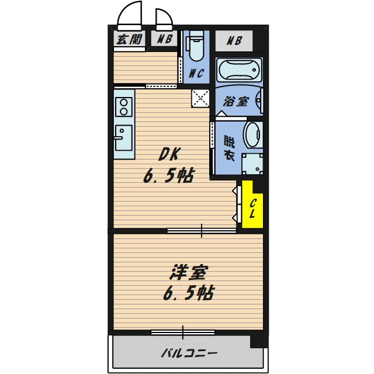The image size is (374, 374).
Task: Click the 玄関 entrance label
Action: point(129,40)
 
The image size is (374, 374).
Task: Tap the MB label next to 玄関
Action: point(165,40)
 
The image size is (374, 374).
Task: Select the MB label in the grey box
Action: point(234,41)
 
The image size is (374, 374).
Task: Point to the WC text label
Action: point(196,74)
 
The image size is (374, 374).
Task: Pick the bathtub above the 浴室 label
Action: point(238,71)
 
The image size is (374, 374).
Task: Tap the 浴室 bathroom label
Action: point(236,101)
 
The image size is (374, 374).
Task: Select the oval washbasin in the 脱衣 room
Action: point(252,134)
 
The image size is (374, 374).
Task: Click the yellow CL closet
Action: point(252,206)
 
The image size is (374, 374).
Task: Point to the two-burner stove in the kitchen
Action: point(124,106)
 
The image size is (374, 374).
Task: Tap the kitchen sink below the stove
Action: point(123,138)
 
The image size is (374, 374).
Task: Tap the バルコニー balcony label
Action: point(188,354)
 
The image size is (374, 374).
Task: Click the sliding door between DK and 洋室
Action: point(202,231)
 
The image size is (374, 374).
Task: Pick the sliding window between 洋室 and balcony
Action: point(182,333)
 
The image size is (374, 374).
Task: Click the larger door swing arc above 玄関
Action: point(130,16)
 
